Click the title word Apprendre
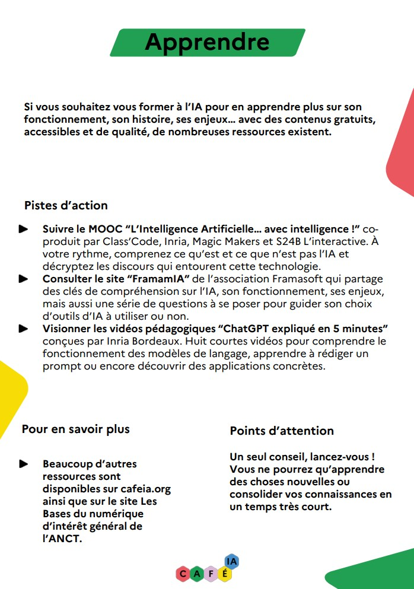click(x=207, y=42)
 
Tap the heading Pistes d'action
click(x=66, y=206)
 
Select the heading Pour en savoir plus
click(x=75, y=429)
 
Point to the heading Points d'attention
click(x=282, y=431)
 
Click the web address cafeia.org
click(x=142, y=489)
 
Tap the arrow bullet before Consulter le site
click(x=23, y=279)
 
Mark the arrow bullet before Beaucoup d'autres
click(x=23, y=464)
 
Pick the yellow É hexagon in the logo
click(x=225, y=574)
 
